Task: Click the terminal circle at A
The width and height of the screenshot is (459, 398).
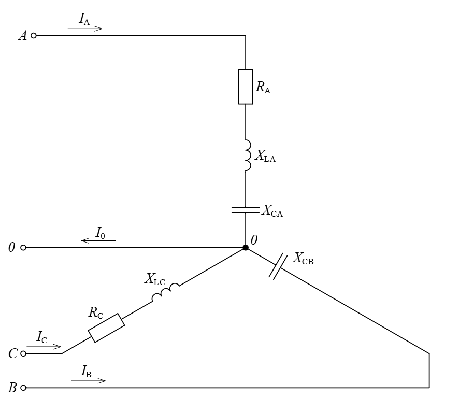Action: (x=34, y=35)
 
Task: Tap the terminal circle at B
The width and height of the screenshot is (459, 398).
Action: (x=23, y=388)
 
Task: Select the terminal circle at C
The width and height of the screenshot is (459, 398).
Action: (x=23, y=353)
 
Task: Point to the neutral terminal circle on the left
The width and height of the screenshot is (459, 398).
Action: (x=23, y=248)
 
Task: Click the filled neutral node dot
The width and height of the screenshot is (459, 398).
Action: (x=246, y=248)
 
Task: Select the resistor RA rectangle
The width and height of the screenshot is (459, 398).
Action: (x=246, y=87)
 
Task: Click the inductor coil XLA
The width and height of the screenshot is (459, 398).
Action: (x=248, y=155)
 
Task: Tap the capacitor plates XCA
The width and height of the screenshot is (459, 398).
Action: (x=246, y=210)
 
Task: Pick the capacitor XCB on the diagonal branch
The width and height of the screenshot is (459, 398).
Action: (x=278, y=266)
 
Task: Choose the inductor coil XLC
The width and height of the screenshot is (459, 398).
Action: (x=166, y=292)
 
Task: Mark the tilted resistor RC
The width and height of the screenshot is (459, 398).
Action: (x=106, y=328)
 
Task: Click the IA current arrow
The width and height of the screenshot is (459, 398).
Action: (x=85, y=29)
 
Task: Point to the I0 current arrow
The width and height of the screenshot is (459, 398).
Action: (x=98, y=240)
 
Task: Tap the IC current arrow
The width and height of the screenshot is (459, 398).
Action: (x=44, y=347)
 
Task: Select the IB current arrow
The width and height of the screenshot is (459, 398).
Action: (x=89, y=381)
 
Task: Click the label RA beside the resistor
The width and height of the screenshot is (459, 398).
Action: (x=263, y=87)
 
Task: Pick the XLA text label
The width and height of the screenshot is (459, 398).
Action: (x=265, y=156)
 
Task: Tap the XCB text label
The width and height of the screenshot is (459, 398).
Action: (x=303, y=259)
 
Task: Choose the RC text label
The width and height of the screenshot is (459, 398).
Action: (x=96, y=312)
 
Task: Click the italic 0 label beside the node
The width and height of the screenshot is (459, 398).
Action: (x=254, y=240)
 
